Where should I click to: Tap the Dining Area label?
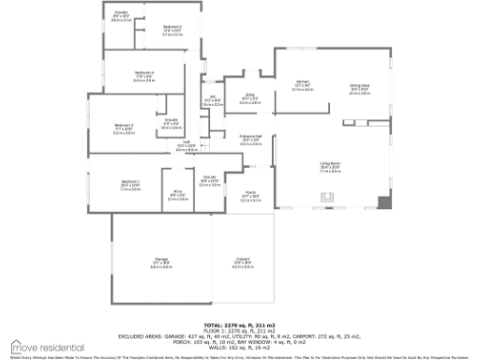pyautogui.click(x=359, y=88)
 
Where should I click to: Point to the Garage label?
pyautogui.click(x=161, y=262)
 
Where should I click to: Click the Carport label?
pyautogui.click(x=243, y=262)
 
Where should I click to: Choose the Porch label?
pyautogui.click(x=250, y=196)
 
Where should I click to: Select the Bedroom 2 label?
pyautogui.click(x=125, y=128)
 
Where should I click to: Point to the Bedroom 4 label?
pyautogui.click(x=172, y=30)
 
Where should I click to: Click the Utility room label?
pyautogui.click(x=249, y=98)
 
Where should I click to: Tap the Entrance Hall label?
pyautogui.click(x=250, y=142)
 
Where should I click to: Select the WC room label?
pyautogui.click(x=213, y=100)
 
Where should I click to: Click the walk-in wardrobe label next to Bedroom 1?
pyautogui.click(x=178, y=196)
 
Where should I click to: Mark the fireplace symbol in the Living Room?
pyautogui.click(x=327, y=197)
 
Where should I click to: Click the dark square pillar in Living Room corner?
pyautogui.click(x=383, y=201)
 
